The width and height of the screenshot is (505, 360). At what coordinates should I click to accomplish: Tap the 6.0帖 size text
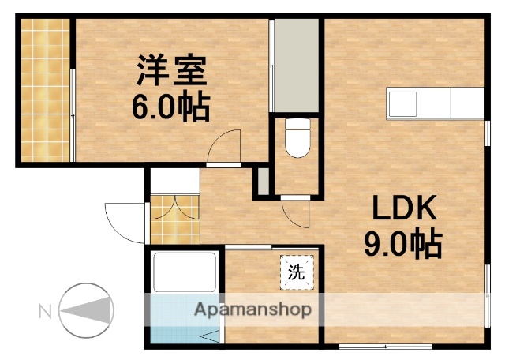170,107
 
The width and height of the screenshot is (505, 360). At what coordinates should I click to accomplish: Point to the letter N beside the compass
44,310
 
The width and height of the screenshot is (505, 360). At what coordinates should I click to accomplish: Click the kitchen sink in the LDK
402,103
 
